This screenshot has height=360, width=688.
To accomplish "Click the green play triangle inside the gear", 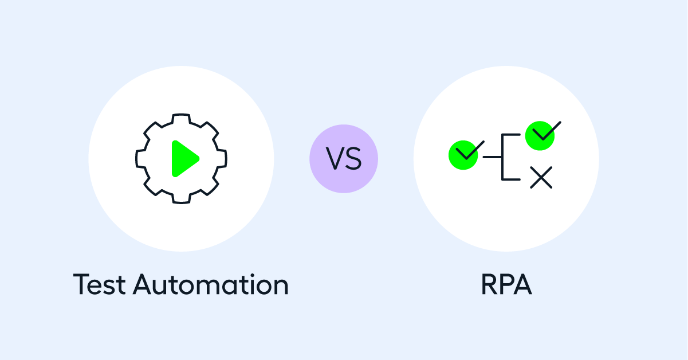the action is tap(184, 159).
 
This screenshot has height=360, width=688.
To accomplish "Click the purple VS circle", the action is tap(344, 159).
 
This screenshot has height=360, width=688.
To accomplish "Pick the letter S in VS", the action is tap(353, 158).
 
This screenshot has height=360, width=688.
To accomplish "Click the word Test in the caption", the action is tap(99, 284).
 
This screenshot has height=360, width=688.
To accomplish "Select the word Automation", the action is tap(211, 284).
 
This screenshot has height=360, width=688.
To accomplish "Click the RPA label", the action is tap(506, 284).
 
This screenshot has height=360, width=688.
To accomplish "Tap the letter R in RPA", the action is tap(489, 284).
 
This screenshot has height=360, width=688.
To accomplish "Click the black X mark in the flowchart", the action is tap(541, 177).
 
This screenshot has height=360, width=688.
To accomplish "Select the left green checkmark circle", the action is tap(463, 155).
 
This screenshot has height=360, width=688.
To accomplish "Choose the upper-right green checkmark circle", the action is tap(540, 136).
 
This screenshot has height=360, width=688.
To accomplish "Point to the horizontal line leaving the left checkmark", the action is tap(492, 157).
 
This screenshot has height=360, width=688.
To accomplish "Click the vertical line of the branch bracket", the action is tap(502, 157).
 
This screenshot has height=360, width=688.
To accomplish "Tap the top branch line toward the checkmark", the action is tap(511, 135).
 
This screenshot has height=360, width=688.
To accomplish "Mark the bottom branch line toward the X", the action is tap(511, 179).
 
